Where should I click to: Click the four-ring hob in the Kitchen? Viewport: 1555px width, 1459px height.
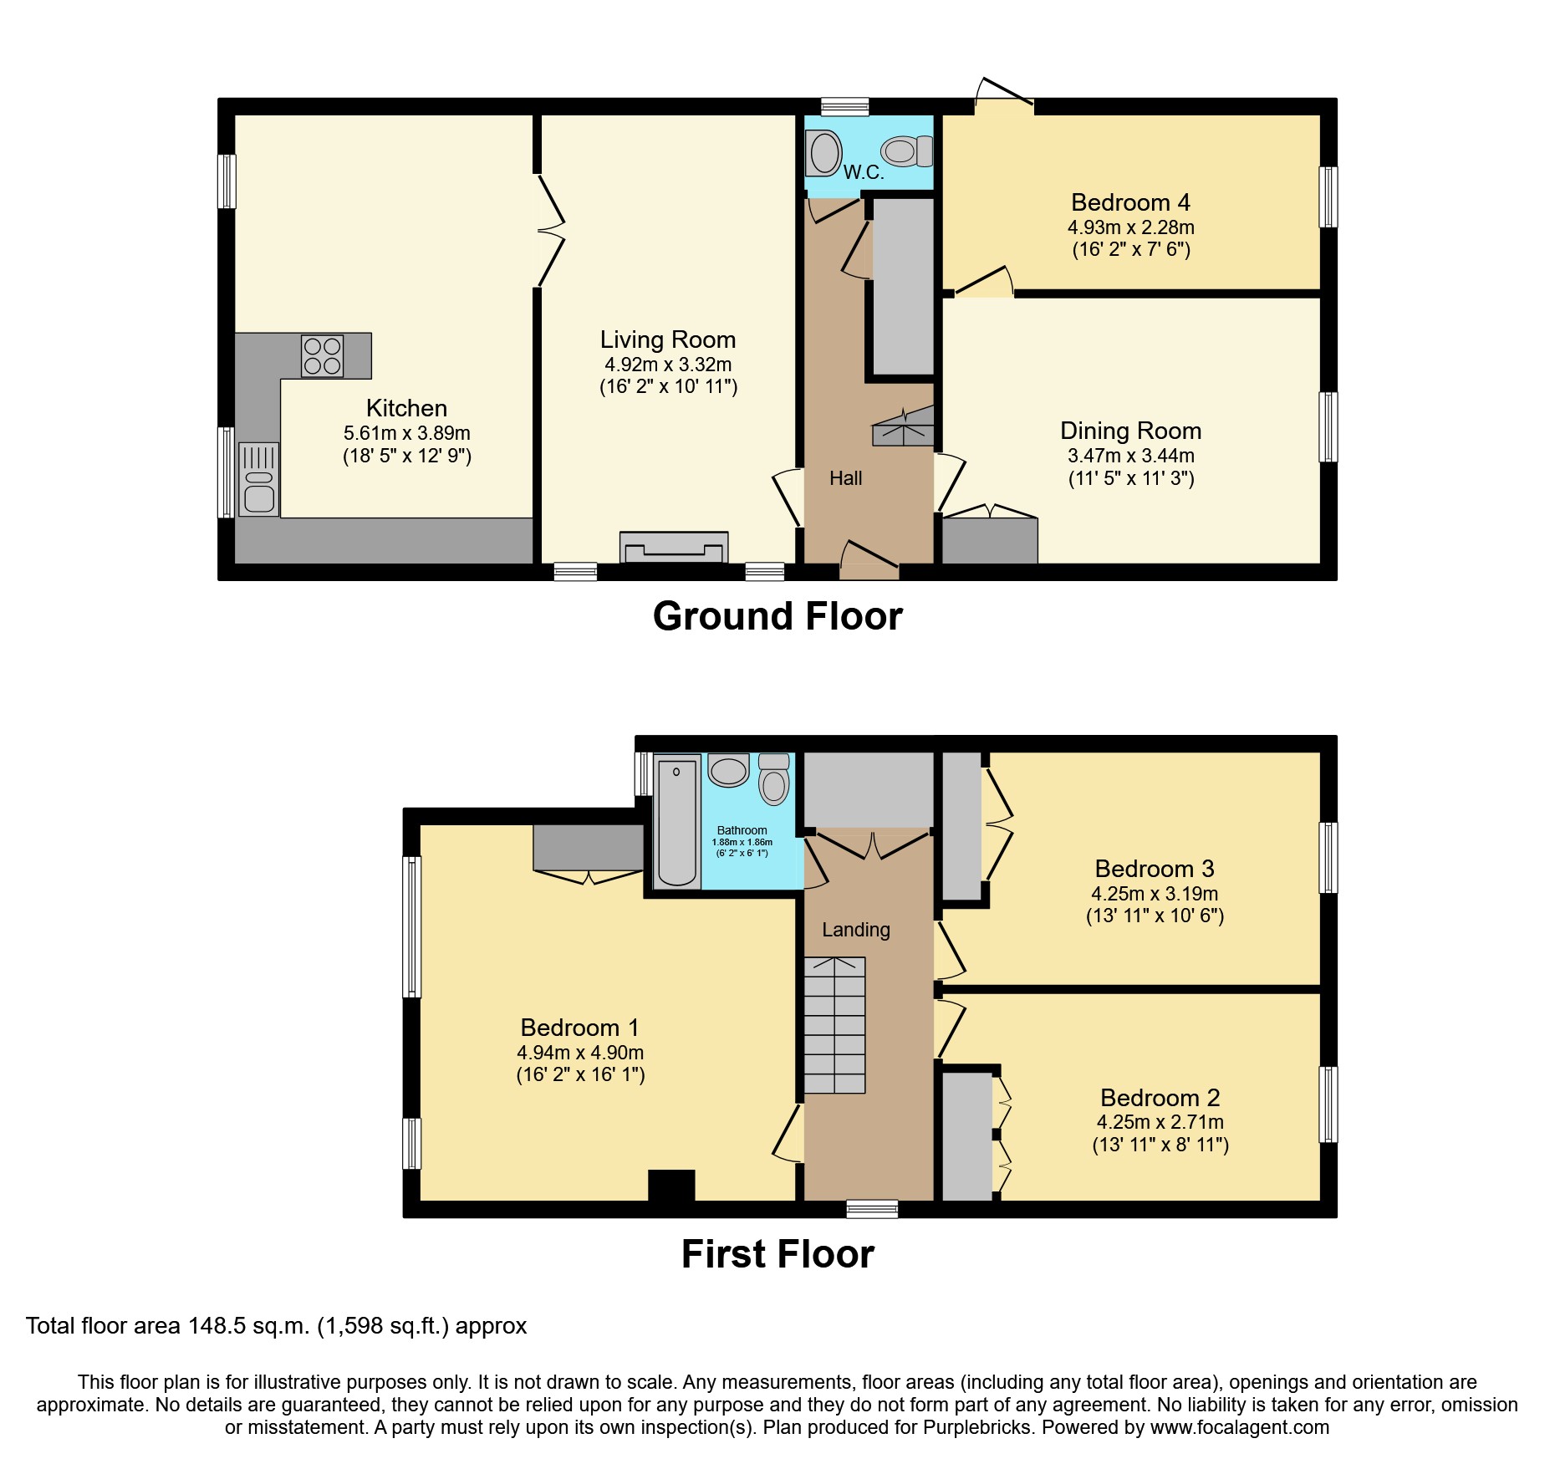point(323,356)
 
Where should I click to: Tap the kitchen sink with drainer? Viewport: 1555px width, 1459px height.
point(258,479)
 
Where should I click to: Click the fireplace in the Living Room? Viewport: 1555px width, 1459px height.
point(674,548)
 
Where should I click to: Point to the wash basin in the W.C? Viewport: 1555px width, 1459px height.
point(825,153)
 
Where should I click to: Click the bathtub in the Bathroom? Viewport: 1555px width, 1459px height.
point(676,821)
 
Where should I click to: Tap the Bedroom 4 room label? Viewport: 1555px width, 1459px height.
point(1130,202)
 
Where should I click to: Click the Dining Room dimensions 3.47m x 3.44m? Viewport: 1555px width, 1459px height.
point(1130,456)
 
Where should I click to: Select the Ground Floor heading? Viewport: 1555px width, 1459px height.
point(777,616)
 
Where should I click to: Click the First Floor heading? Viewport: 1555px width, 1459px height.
point(777,1254)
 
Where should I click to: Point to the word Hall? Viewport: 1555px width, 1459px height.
point(845,478)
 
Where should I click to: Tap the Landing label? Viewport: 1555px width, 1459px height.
point(855,930)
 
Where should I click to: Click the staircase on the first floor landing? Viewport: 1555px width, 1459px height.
point(834,1025)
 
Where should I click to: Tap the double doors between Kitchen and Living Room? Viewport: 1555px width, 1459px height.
point(551,230)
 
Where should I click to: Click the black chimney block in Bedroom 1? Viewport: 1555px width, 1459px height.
point(671,1185)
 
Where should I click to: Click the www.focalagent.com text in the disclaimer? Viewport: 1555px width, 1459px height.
point(1240,1427)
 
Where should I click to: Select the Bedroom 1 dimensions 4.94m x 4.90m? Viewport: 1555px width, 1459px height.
point(580,1053)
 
